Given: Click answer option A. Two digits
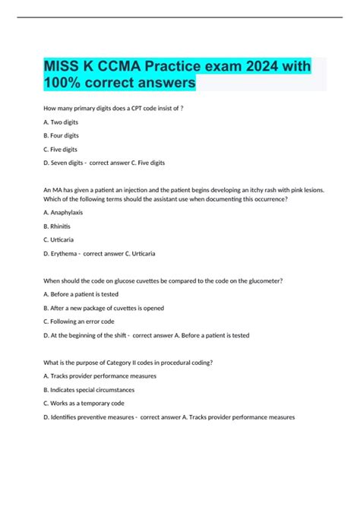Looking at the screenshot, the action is pyautogui.click(x=61, y=122).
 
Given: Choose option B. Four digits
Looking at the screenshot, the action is pyautogui.click(x=62, y=135).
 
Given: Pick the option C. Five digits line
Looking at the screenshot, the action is pyautogui.click(x=61, y=149).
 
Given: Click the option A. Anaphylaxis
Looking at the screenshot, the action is pyautogui.click(x=63, y=212).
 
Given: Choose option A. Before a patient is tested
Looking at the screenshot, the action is pyautogui.click(x=81, y=294).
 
